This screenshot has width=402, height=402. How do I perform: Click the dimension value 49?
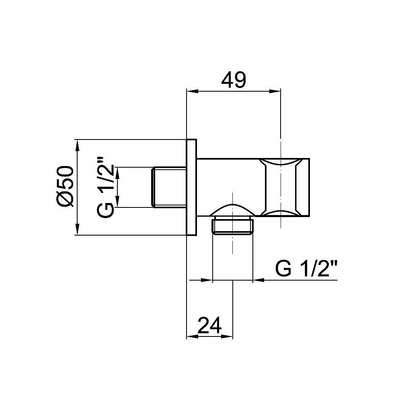coord(234,81)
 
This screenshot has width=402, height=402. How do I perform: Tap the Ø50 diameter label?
coord(66,187)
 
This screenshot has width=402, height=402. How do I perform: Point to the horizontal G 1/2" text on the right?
coord(306,269)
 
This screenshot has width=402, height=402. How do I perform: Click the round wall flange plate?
coord(192,187)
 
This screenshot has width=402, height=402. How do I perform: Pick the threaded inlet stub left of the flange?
coord(169,187)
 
